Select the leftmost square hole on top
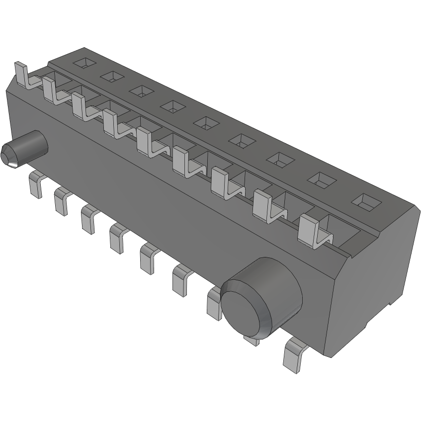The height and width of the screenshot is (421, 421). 84,63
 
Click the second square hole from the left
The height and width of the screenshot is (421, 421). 112,77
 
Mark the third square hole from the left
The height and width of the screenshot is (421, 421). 142,91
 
